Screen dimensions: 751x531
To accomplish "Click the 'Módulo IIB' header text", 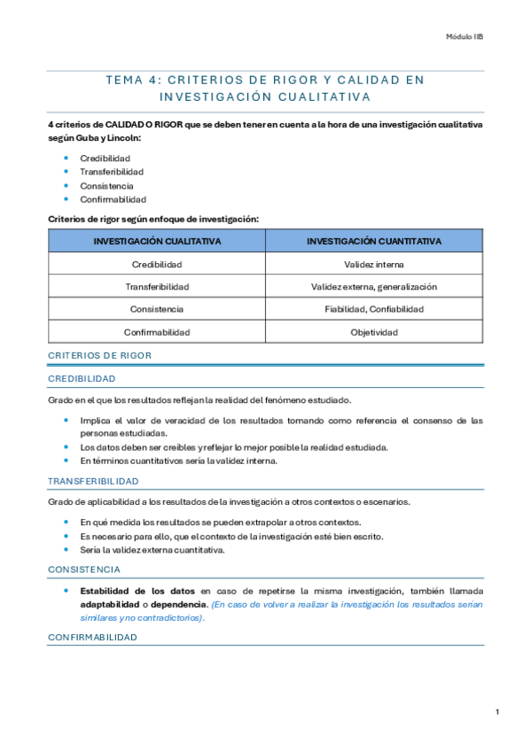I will pyautogui.click(x=465, y=37).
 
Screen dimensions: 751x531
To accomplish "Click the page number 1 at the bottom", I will pyautogui.click(x=497, y=711).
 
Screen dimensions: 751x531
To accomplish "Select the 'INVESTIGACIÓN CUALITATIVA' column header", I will pyautogui.click(x=157, y=241).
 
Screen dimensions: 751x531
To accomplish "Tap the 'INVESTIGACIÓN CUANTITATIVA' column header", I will pyautogui.click(x=374, y=241).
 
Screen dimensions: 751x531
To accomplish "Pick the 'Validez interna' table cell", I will pyautogui.click(x=374, y=264).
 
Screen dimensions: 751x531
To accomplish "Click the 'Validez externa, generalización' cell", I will pyautogui.click(x=374, y=287).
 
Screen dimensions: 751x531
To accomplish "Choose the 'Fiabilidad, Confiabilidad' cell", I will pyautogui.click(x=374, y=309).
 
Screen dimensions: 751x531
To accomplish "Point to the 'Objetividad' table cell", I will pyautogui.click(x=374, y=332).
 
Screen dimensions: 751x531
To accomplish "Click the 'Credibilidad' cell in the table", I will pyautogui.click(x=157, y=264).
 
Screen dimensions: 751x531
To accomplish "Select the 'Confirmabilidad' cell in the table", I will pyautogui.click(x=157, y=332).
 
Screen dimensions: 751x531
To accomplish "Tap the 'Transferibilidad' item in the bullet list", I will pyautogui.click(x=112, y=172).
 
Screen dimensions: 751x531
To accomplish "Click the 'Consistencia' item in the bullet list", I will pyautogui.click(x=106, y=186).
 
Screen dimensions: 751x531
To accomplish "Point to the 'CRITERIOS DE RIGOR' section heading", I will pyautogui.click(x=99, y=355).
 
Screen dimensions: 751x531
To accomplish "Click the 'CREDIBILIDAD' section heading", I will pyautogui.click(x=82, y=378).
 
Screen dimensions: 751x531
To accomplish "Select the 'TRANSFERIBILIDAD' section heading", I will pyautogui.click(x=93, y=481).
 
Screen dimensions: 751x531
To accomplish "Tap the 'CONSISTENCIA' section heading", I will pyautogui.click(x=84, y=569).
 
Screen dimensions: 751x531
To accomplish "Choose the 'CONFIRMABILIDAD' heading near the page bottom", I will pyautogui.click(x=92, y=636).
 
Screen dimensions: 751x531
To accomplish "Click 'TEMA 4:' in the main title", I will pyautogui.click(x=132, y=80).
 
